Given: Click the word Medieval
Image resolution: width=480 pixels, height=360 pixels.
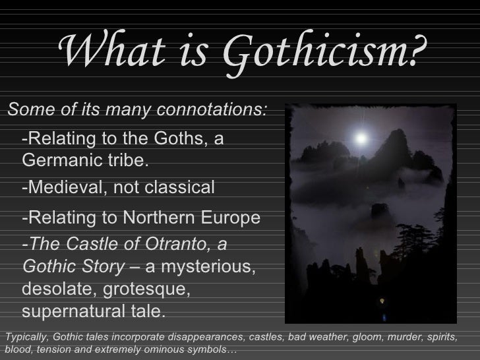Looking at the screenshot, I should click(x=63, y=188).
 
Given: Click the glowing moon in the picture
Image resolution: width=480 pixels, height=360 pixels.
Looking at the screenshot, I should click(x=361, y=138).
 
